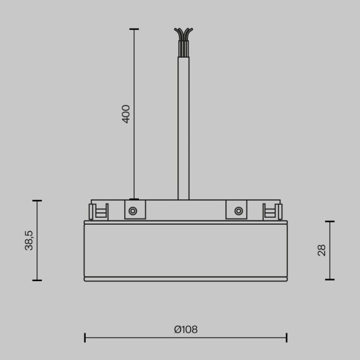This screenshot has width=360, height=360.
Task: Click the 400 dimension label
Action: (126, 114)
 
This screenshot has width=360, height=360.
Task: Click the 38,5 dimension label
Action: (29, 240)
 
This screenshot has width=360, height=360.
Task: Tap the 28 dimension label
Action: (322, 250)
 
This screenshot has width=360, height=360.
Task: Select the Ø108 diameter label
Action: (186, 330)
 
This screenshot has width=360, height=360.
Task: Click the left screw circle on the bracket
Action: (133, 211)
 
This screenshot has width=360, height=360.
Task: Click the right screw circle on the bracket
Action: (238, 211)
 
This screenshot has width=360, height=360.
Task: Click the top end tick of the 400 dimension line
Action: (134, 29)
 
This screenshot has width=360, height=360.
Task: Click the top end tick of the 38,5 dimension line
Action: (37, 201)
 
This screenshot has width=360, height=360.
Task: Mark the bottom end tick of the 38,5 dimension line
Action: (37, 280)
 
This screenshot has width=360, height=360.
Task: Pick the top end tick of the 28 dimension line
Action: (330, 222)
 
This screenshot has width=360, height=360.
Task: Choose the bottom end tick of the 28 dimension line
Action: (330, 279)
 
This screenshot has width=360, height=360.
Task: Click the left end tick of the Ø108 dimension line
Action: (85, 338)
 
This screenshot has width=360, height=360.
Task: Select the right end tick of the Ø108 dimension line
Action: (286, 338)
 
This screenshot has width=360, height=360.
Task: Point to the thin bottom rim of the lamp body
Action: (186, 279)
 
